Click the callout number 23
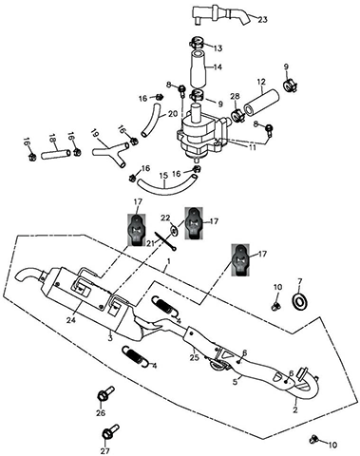point(262,20)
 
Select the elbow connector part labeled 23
point(218,13)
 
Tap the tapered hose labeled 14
point(198,67)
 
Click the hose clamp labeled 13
point(198,42)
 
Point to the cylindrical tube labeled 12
point(261,101)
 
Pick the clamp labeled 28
point(237,115)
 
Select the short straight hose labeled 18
point(56,154)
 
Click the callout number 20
point(173,114)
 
